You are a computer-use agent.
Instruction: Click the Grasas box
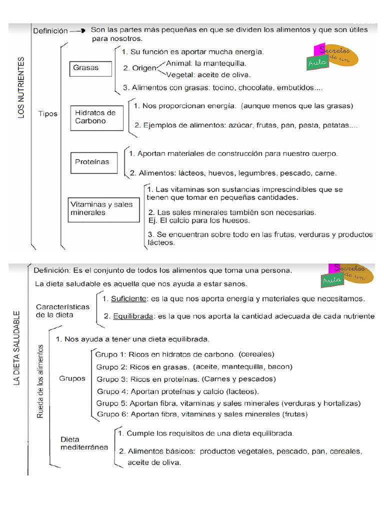click(x=90, y=68)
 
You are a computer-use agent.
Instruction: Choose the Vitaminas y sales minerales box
click(x=103, y=208)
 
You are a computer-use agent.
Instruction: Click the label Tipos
click(x=48, y=113)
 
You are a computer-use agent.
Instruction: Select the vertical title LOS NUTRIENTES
click(x=21, y=88)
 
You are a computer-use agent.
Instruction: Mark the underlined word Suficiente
click(x=128, y=299)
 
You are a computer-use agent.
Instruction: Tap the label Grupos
click(x=72, y=378)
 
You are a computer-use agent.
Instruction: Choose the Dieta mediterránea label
click(x=84, y=443)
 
